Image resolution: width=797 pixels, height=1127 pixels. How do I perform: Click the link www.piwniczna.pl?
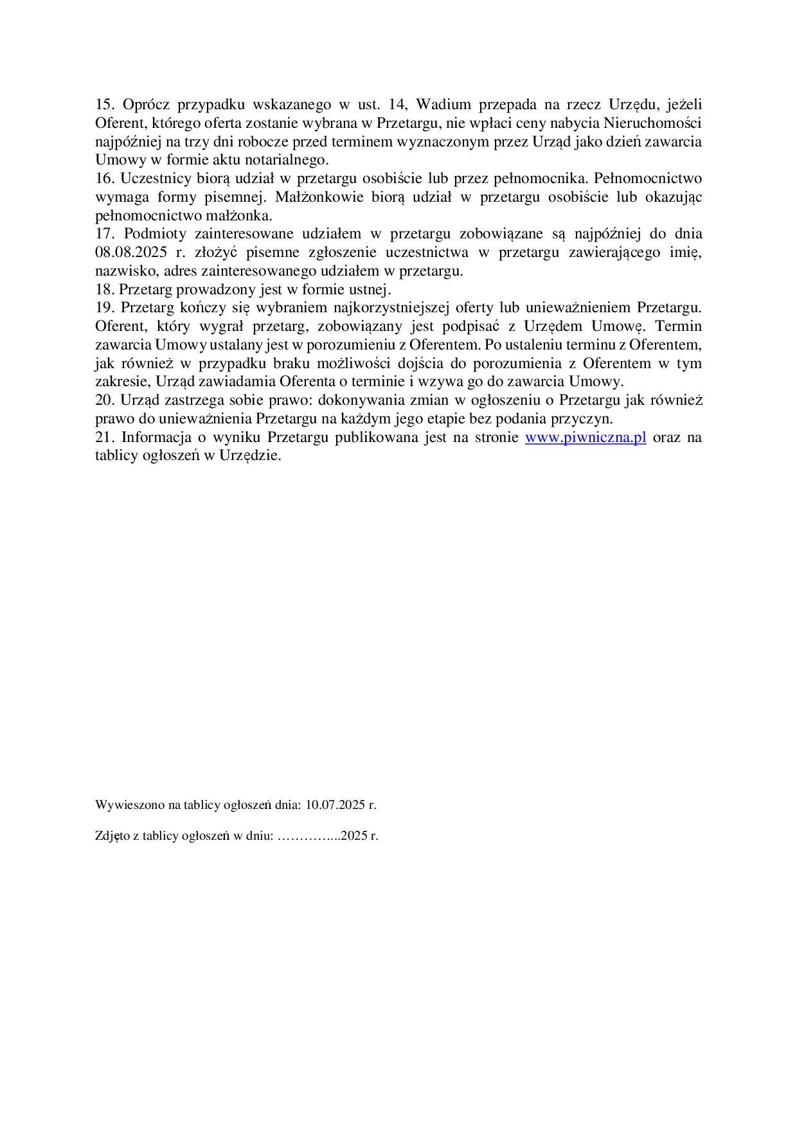coord(586,438)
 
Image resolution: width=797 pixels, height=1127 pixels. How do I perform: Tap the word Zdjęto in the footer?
coord(110,837)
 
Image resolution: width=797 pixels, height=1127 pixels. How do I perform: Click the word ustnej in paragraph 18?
coord(368,290)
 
